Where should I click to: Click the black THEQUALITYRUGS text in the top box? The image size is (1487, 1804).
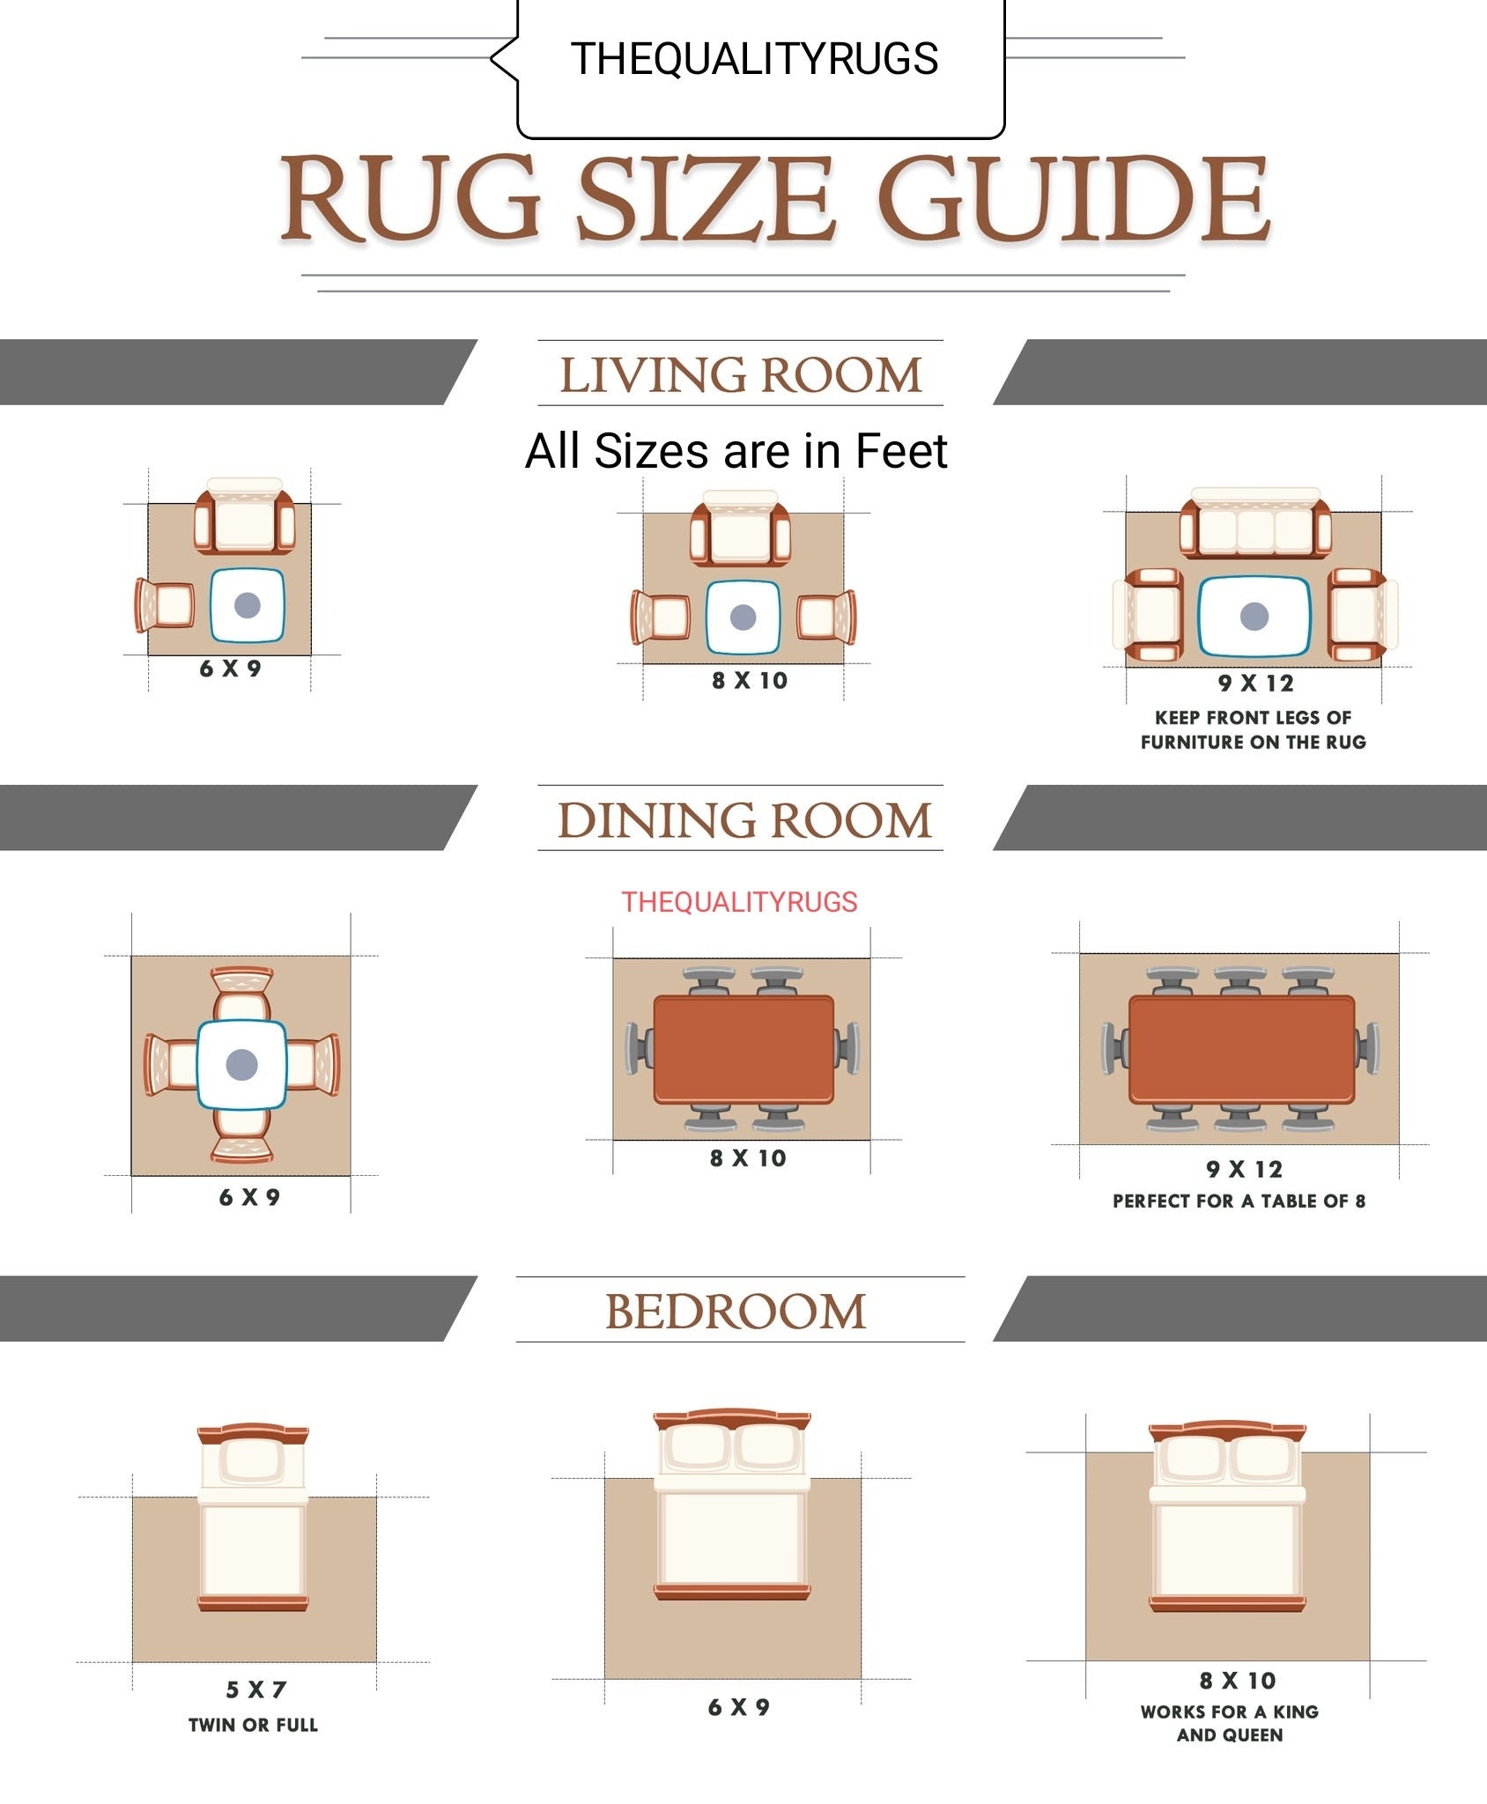pos(754,59)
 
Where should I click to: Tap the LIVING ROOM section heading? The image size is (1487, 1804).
pos(741,374)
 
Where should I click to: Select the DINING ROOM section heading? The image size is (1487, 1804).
pos(744,820)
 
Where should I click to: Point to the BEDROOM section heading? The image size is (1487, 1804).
pos(736,1312)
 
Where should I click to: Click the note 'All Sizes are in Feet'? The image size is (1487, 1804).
pos(736,451)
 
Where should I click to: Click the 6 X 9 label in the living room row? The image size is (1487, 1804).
pos(230,669)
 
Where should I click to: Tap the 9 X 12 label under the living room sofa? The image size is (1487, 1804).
pos(1256,683)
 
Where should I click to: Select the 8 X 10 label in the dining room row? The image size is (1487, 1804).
pos(748,1158)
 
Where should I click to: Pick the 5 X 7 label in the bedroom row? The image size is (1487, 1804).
pos(256,1689)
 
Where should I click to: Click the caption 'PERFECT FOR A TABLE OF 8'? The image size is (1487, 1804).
pos(1239,1201)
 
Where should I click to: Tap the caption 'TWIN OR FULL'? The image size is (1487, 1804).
pos(254,1725)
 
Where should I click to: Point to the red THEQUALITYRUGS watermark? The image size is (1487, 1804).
pos(739,902)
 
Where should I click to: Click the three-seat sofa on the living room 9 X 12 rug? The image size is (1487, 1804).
pos(1255,522)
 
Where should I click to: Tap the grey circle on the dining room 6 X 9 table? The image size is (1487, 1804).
pos(241,1065)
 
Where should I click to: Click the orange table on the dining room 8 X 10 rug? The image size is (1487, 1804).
pos(743,1049)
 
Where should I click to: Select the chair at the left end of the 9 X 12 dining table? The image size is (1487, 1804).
pos(1114,1049)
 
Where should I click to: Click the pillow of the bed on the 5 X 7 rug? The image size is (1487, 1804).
pos(253,1460)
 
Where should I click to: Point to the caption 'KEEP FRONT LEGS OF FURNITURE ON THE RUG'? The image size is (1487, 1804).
pos(1253,730)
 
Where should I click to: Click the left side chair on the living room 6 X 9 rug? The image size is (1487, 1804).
pos(165,605)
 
